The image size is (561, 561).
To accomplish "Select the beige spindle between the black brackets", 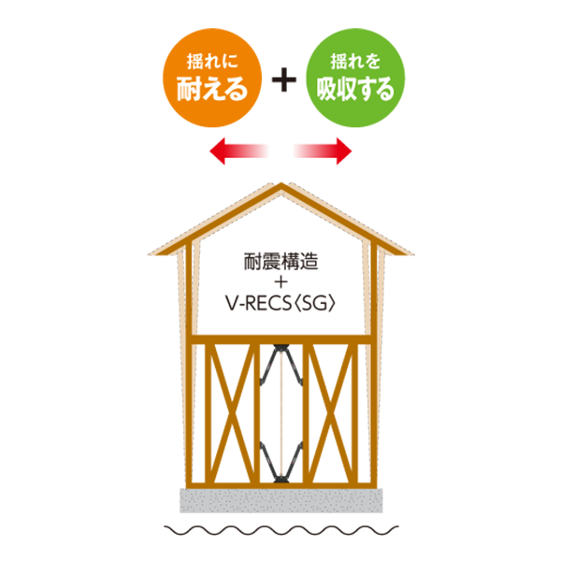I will pos(280,410).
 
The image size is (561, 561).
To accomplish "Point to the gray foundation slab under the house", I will pos(280,500).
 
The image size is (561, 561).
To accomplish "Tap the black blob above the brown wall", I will pos(280,276).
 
